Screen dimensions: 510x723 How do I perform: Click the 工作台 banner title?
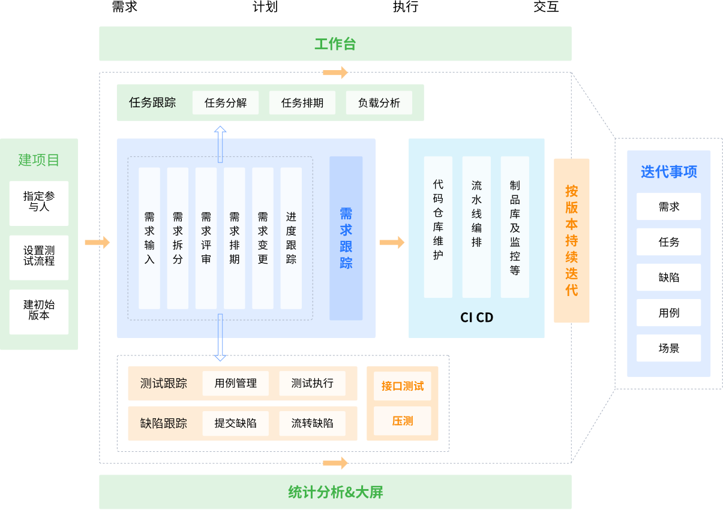tap(335, 44)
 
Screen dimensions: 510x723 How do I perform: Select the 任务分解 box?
tap(226, 103)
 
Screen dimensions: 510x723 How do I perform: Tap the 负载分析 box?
tap(379, 103)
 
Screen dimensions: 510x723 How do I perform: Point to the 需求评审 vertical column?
tap(206, 238)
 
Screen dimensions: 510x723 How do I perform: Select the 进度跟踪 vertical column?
tap(291, 238)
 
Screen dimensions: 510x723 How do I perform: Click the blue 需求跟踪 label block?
tap(346, 238)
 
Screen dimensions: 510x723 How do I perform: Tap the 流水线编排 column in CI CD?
tap(476, 227)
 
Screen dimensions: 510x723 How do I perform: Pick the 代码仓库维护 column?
tap(438, 227)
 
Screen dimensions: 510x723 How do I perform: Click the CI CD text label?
tap(476, 318)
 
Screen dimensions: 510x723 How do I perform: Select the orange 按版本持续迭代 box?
tap(571, 240)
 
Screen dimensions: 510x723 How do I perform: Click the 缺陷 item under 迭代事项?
tap(668, 277)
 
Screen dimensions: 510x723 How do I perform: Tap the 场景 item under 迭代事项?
tap(668, 348)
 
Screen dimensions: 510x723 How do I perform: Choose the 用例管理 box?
tap(236, 384)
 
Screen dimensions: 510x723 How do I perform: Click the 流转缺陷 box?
tap(312, 423)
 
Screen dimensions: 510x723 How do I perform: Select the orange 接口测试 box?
tap(403, 386)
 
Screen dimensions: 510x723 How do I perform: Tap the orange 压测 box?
tap(403, 421)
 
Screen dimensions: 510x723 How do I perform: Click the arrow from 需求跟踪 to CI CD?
tap(392, 243)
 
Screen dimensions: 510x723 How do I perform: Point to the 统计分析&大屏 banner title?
tap(335, 493)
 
